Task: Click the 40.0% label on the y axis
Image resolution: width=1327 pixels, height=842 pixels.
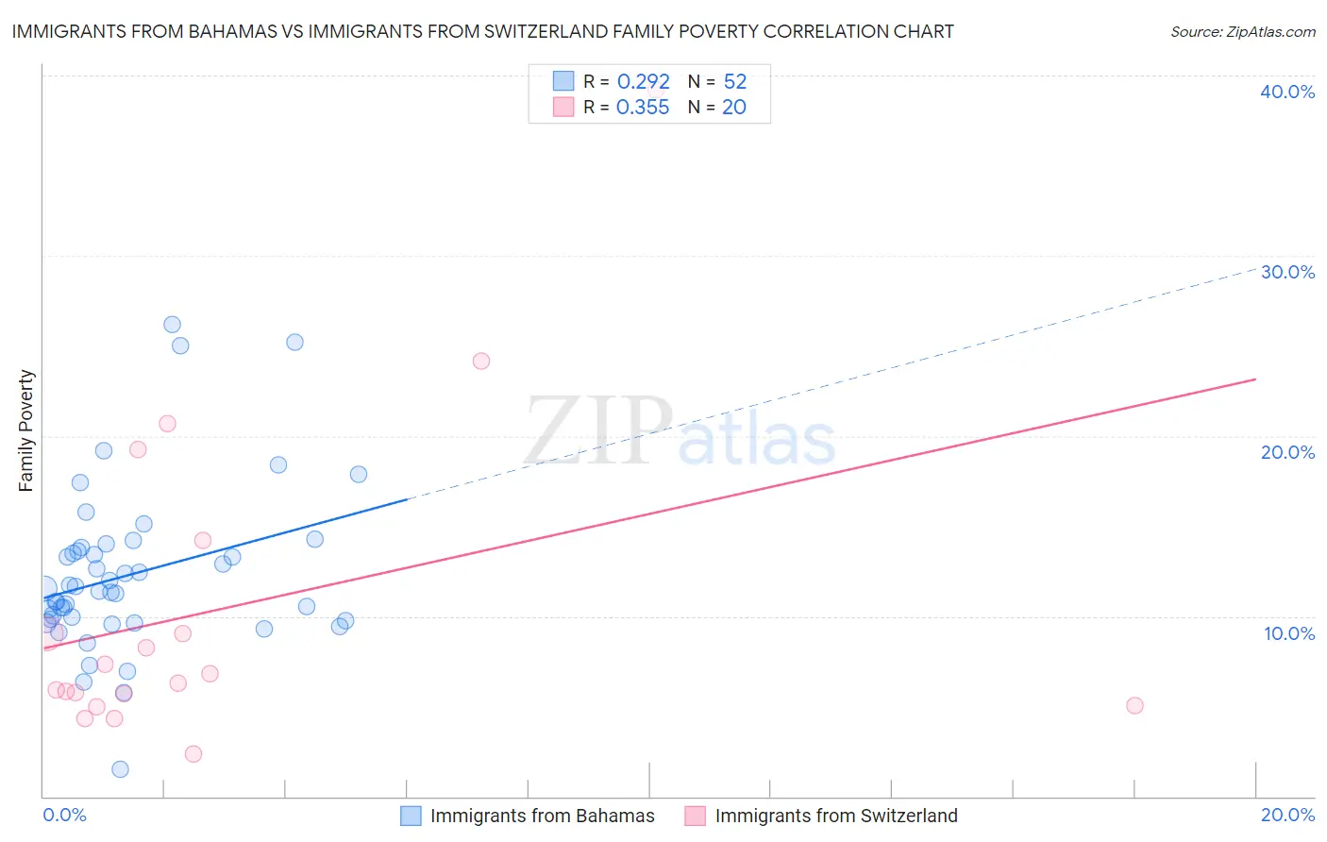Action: tap(1287, 92)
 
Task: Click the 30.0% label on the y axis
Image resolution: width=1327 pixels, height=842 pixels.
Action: tap(1287, 272)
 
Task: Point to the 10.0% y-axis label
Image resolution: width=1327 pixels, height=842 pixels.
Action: tap(1288, 633)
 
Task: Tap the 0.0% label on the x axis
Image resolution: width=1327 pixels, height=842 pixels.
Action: tap(64, 815)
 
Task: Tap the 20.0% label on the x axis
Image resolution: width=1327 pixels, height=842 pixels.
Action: tap(1287, 815)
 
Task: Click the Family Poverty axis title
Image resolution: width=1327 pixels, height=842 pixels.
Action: tap(26, 430)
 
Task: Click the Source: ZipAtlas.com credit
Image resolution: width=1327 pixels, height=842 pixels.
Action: tap(1242, 31)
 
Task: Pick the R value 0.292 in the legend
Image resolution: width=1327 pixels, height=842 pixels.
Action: tap(643, 82)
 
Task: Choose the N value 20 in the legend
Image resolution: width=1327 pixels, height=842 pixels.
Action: tap(733, 108)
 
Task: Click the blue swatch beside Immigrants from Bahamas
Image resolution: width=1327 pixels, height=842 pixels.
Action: tap(411, 816)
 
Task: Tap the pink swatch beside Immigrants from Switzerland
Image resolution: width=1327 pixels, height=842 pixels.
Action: tap(696, 816)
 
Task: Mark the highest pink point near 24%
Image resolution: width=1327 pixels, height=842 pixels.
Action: tap(481, 361)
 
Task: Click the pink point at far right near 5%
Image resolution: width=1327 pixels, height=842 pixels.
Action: tap(1134, 705)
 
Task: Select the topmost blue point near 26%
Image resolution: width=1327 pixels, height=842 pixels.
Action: tap(172, 325)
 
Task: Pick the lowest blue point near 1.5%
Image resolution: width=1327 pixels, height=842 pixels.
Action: tap(120, 769)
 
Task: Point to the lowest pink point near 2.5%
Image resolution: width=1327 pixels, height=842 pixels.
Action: tap(193, 753)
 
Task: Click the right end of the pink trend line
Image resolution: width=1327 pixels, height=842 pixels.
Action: tap(1255, 379)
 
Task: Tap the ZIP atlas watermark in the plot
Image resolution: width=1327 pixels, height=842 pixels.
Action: tap(680, 432)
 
